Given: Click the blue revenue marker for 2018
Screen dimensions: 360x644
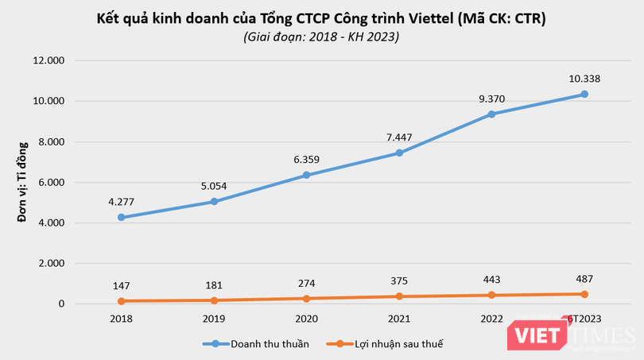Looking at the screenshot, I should coord(120,217).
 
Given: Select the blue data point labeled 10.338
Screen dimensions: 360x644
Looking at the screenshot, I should coord(584,94).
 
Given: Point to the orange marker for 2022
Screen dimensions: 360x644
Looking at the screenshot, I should coord(491,295).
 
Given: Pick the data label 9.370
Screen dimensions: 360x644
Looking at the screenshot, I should coord(491,99).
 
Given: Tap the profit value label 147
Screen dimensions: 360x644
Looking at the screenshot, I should coord(120,284).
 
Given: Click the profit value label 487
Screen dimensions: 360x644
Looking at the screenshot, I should coord(584,278).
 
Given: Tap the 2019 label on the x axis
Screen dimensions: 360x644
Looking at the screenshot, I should coord(213,318).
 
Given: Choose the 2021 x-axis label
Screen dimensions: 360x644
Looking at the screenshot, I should coord(398,318).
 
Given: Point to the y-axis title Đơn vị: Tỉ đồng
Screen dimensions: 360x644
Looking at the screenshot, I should coord(22,182).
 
